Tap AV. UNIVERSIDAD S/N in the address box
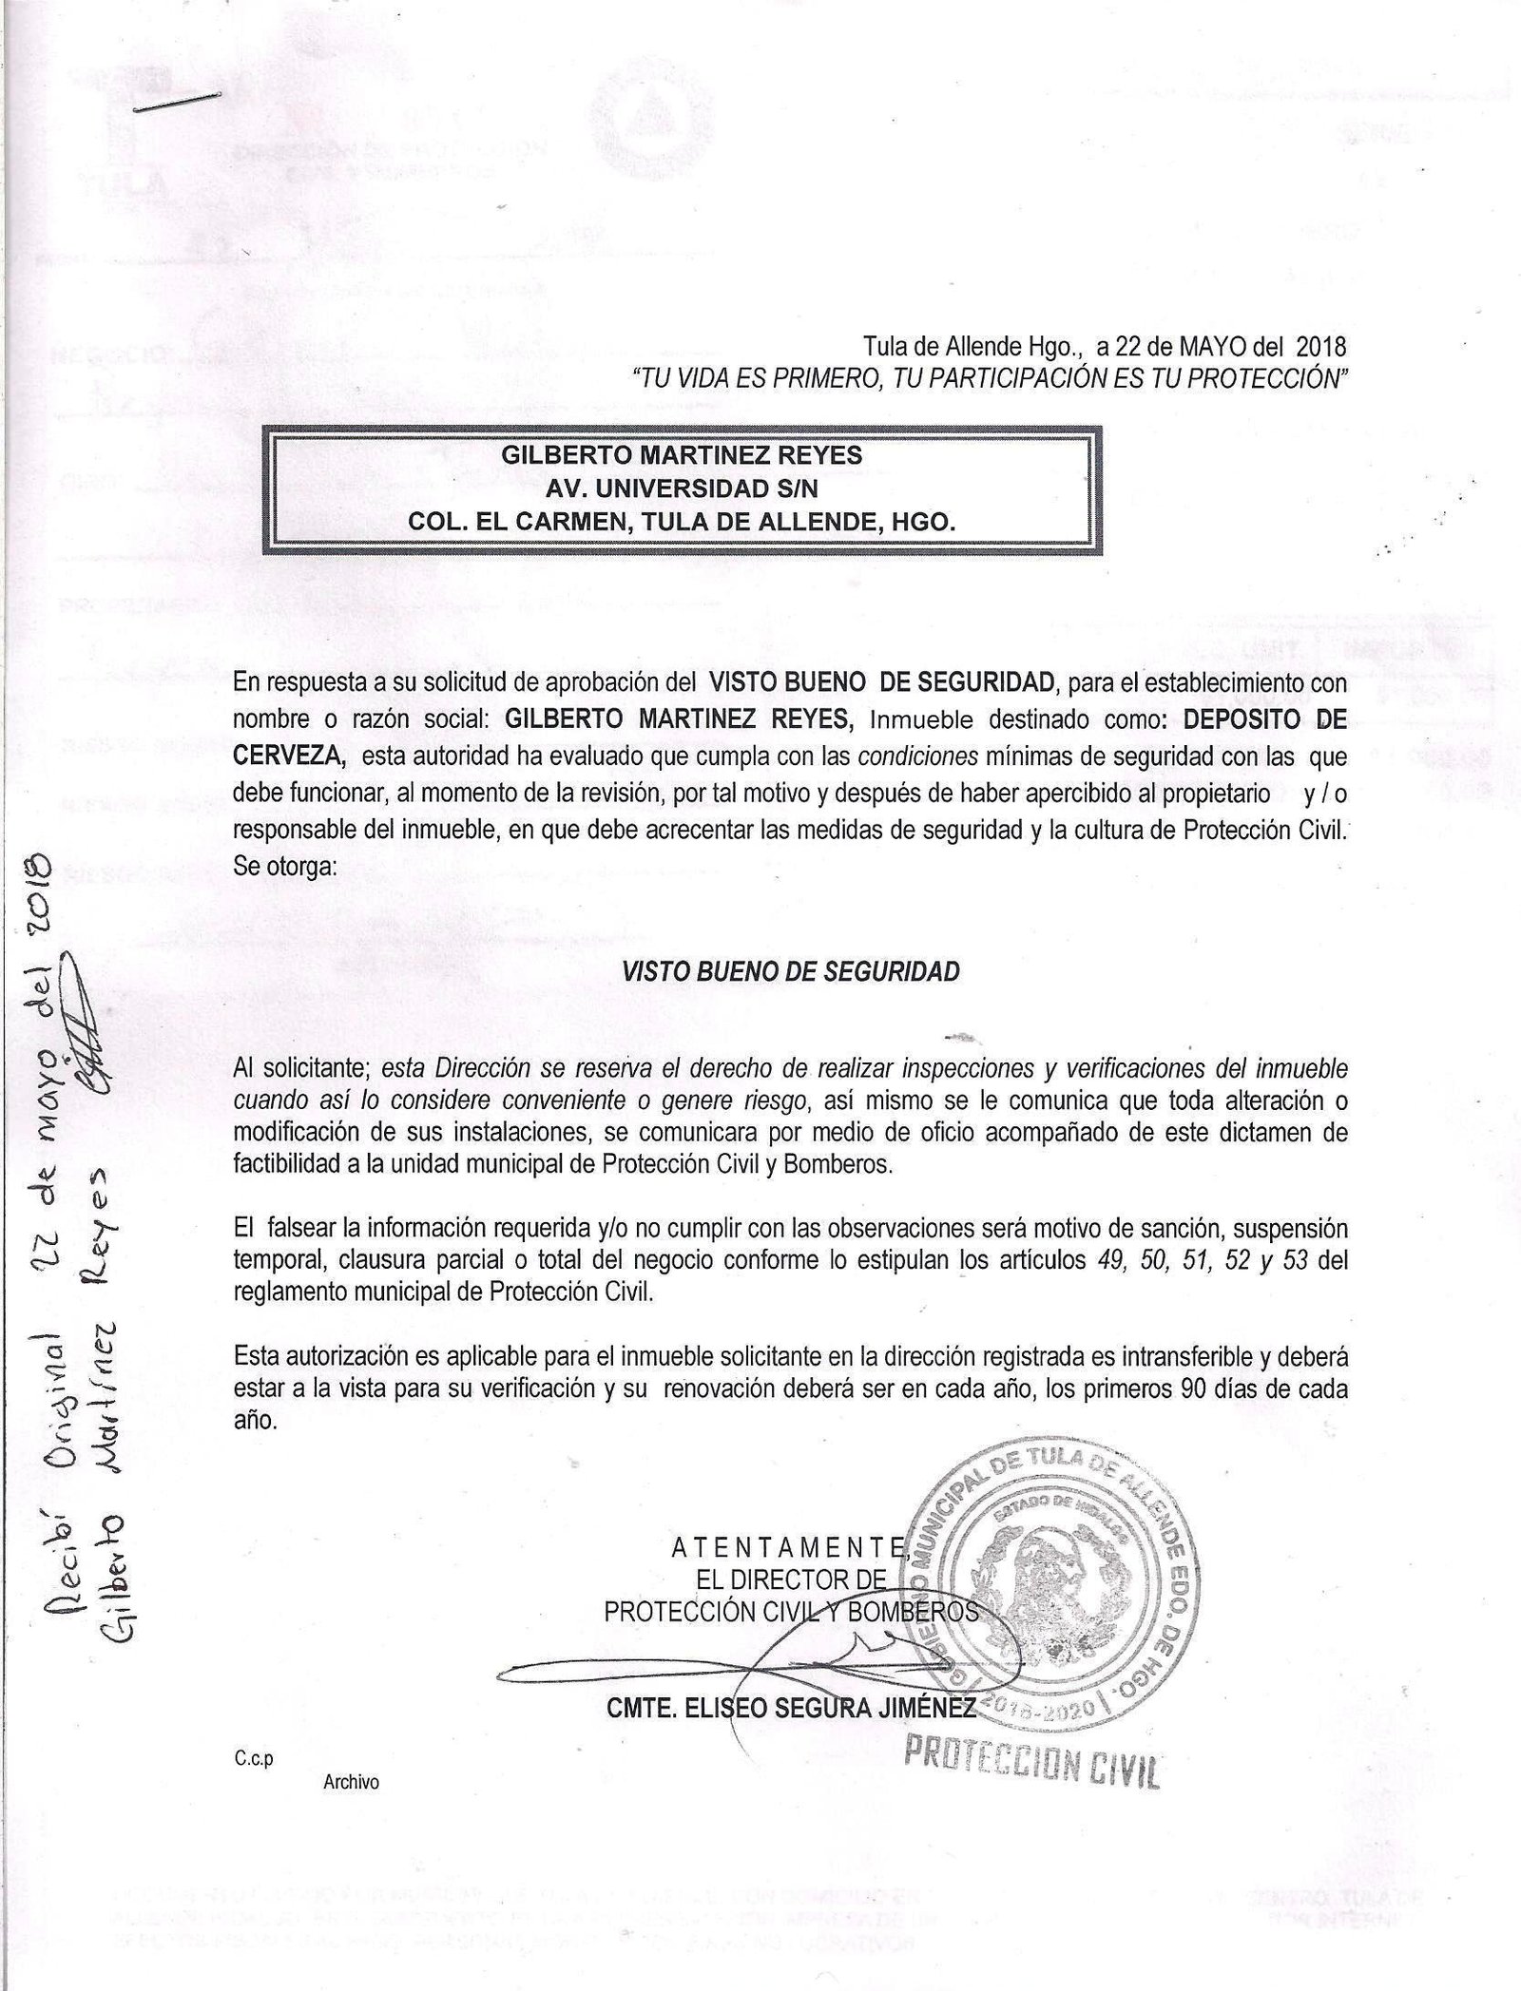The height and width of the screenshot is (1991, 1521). [681, 489]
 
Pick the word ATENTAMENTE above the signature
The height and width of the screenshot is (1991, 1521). [787, 1547]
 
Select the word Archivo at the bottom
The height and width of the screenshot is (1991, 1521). [351, 1782]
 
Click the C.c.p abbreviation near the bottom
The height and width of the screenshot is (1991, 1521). [253, 1759]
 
